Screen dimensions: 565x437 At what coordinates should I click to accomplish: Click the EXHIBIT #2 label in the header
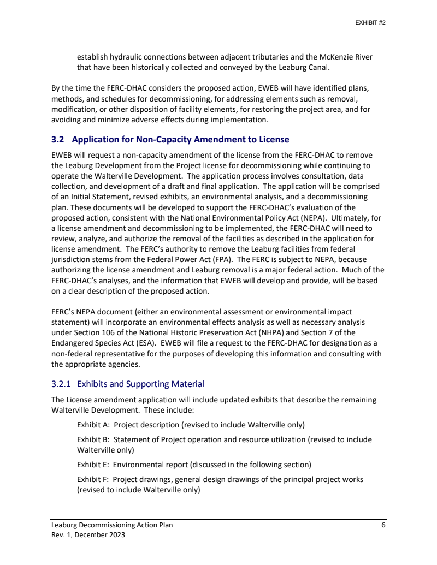[370, 23]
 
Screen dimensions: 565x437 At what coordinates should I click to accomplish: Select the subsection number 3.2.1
[62, 384]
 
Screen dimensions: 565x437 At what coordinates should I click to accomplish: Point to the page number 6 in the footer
[383, 525]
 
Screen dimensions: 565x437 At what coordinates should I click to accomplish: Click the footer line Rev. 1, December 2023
[88, 535]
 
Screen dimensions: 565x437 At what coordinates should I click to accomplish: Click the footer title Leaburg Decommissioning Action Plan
[112, 525]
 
